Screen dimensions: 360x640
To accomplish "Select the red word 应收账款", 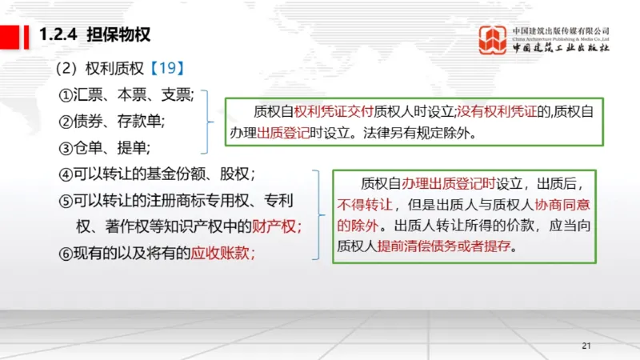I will coord(221,254).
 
